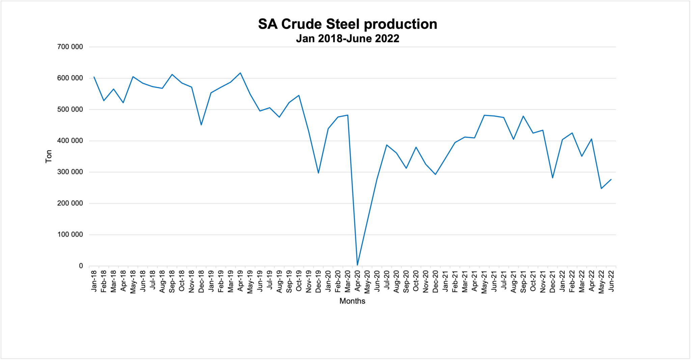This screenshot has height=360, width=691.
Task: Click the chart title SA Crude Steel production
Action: click(x=348, y=24)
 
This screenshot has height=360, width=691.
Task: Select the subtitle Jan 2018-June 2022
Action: click(x=348, y=38)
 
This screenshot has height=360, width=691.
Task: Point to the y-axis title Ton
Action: click(x=49, y=157)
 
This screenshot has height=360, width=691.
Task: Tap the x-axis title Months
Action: click(x=352, y=301)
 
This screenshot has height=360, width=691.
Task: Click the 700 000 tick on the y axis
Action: click(x=70, y=47)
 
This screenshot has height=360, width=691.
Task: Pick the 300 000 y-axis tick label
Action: click(x=70, y=172)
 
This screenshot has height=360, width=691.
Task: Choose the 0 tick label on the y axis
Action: click(x=81, y=266)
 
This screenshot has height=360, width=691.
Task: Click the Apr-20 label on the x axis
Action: click(x=358, y=281)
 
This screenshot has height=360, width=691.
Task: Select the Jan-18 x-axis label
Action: click(x=94, y=281)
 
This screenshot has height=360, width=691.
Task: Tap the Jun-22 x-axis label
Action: click(x=611, y=281)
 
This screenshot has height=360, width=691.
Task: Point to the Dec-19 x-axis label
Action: click(x=319, y=281)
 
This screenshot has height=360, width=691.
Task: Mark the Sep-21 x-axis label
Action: click(x=523, y=281)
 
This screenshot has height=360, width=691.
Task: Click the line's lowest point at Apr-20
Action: click(x=357, y=265)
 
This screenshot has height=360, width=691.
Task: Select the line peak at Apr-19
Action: click(x=240, y=73)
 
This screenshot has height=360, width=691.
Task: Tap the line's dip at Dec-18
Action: click(x=201, y=125)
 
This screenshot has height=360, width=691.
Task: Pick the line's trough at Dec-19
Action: click(x=319, y=173)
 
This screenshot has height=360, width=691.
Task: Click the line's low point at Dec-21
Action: click(x=553, y=178)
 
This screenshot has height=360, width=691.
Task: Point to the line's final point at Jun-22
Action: click(x=611, y=179)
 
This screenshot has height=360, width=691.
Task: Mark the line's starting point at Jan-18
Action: click(x=94, y=77)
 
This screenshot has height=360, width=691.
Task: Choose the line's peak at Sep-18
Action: click(x=172, y=74)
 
